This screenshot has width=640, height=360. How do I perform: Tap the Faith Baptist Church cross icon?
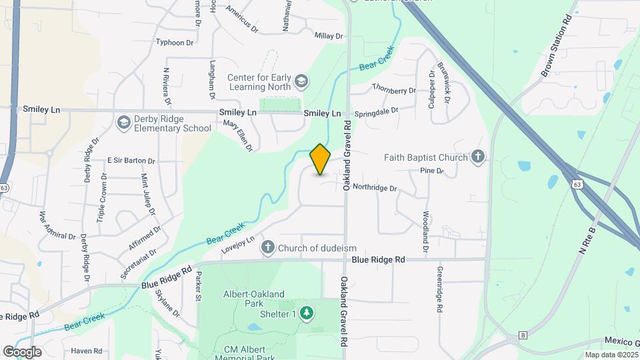coord(477,157)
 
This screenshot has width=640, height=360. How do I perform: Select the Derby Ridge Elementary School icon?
coord(123,123)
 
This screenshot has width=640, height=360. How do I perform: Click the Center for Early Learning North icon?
coord(301,81)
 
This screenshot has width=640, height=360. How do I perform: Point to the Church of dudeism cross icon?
coord(268,248)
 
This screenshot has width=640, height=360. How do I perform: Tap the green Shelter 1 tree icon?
coord(306,313)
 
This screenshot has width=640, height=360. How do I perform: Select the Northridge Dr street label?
coord(375,188)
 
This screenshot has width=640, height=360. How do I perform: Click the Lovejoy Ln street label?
coord(239,245)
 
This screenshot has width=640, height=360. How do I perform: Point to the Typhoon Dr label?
coord(174,42)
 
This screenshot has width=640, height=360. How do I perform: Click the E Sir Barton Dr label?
coord(131,161)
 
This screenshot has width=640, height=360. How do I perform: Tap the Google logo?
coord(22,351)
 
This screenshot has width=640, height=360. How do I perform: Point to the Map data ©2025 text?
coord(611,355)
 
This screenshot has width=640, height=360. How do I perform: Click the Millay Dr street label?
coord(328,35)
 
